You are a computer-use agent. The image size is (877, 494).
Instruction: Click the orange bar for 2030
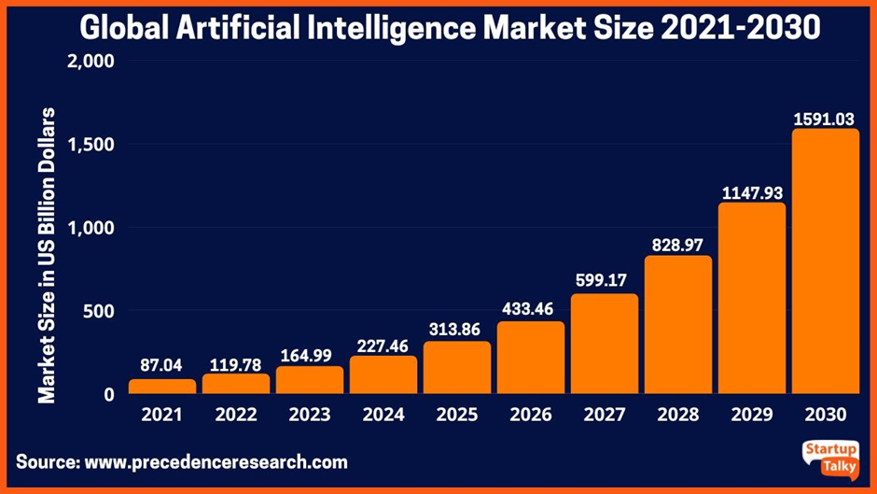click(825, 261)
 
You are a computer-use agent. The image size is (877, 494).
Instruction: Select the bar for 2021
click(162, 387)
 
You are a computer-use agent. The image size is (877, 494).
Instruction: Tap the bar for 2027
click(604, 344)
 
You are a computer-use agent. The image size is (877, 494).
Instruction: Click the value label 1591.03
click(825, 119)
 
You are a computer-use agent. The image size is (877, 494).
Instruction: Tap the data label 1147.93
click(751, 192)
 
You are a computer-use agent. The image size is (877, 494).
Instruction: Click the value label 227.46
click(383, 345)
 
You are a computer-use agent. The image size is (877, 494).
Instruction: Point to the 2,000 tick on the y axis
click(90, 62)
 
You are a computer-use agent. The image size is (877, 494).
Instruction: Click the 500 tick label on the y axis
click(98, 311)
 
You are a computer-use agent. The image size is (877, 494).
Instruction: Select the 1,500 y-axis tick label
click(90, 145)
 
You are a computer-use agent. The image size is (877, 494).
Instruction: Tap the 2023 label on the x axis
click(309, 415)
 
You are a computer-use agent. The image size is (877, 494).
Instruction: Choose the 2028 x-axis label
click(677, 415)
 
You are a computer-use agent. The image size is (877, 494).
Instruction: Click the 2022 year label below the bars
click(235, 415)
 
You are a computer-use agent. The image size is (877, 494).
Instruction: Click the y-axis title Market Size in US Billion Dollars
click(47, 256)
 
